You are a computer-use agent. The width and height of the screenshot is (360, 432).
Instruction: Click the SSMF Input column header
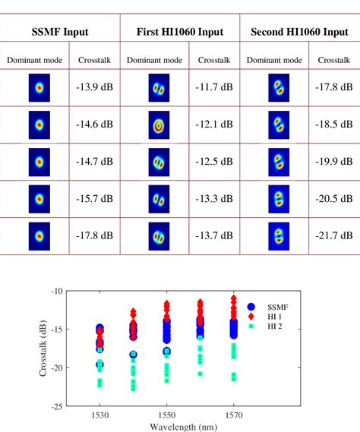pyautogui.click(x=61, y=33)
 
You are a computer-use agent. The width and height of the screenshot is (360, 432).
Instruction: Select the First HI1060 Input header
pyautogui.click(x=180, y=33)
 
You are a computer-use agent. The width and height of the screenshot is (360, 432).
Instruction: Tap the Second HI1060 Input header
pyautogui.click(x=299, y=33)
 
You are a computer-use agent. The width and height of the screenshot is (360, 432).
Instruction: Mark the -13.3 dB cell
pyautogui.click(x=214, y=200)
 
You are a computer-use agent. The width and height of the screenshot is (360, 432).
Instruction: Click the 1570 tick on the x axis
pyautogui.click(x=234, y=417)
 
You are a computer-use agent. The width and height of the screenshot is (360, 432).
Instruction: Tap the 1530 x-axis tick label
pyautogui.click(x=100, y=417)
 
